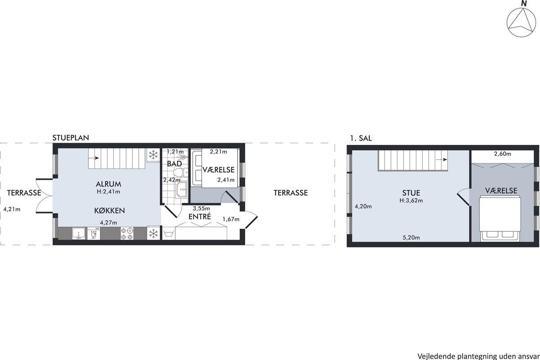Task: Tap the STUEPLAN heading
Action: pyautogui.click(x=71, y=138)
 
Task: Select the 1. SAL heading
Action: pyautogui.click(x=360, y=138)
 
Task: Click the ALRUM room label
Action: pyautogui.click(x=108, y=184)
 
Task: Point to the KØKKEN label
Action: pyautogui.click(x=109, y=211)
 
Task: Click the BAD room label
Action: pyautogui.click(x=174, y=164)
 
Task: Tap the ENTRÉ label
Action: pyautogui.click(x=200, y=216)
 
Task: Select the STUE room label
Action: pyautogui.click(x=411, y=193)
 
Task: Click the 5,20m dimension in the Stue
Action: pyautogui.click(x=411, y=238)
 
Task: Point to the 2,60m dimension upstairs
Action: pyautogui.click(x=502, y=154)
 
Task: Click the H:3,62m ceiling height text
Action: pyautogui.click(x=411, y=200)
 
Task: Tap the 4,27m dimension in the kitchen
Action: pyautogui.click(x=108, y=223)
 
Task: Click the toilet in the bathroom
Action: pyautogui.click(x=180, y=173)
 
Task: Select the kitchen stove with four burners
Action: pyautogui.click(x=127, y=234)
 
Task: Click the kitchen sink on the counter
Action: pyautogui.click(x=79, y=234)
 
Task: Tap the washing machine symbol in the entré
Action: pyautogui.click(x=168, y=234)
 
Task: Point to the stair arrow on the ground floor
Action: pyautogui.click(x=94, y=158)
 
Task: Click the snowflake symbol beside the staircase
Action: pyautogui.click(x=153, y=155)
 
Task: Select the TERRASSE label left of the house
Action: pyautogui.click(x=24, y=193)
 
